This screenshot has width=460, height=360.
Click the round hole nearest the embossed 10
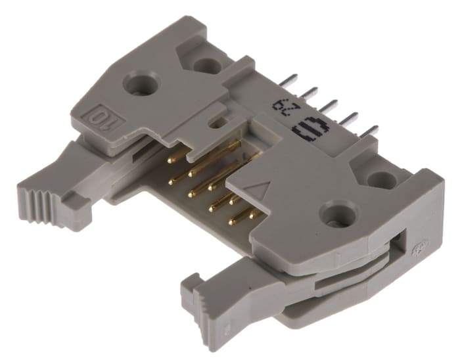[x=139, y=83]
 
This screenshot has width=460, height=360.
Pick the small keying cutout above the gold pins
[x=212, y=121]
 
